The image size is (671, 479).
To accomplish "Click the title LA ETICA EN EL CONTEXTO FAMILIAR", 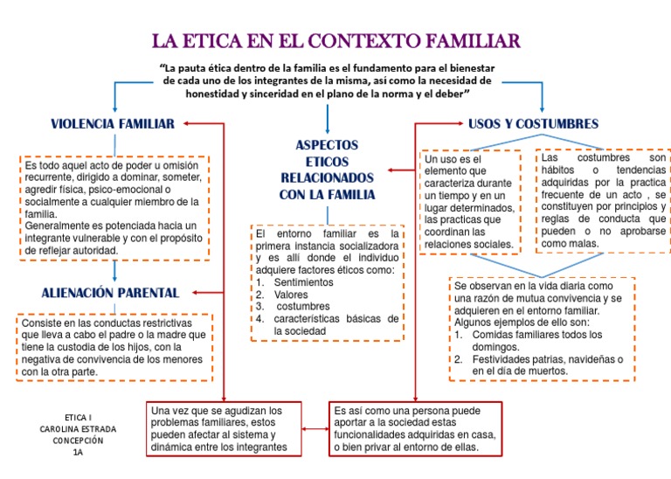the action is point(336,40).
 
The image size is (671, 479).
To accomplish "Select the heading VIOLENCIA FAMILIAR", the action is point(113,123).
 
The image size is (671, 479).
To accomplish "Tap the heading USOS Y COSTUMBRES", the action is point(533,123).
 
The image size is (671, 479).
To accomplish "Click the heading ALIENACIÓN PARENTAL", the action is point(110,292).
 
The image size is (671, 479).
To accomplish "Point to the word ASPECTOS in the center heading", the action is point(327,144).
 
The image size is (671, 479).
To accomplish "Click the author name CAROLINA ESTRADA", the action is point(78,429).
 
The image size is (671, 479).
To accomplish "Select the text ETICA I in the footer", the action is point(78,418).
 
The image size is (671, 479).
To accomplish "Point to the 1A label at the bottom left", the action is point(78,452).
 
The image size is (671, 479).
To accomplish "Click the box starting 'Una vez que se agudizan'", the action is point(225,428).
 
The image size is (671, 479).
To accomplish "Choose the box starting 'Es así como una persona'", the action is point(415,428).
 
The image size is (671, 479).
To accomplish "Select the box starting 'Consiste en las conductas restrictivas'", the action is point(114,347).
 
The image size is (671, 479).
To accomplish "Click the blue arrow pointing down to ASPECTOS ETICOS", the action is point(327,118).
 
